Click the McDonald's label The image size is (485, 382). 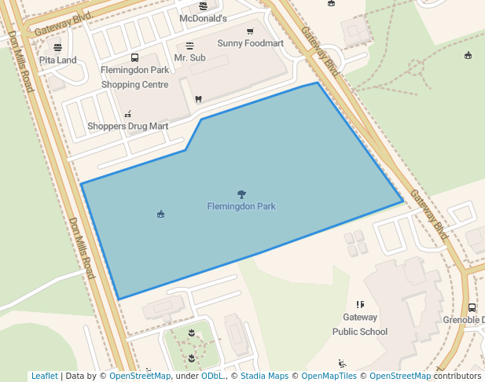coord(203,18)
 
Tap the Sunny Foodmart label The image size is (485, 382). coord(250,43)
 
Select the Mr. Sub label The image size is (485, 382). coord(189,58)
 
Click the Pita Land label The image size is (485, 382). coord(58,60)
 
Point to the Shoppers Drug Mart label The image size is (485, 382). coord(127,126)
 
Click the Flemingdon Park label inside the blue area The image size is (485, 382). coord(241,207)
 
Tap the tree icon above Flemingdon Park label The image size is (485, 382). coord(241,194)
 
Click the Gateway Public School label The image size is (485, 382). coord(360,325)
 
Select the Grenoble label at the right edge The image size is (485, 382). coord(464,320)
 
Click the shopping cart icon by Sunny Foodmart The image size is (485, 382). coord(250,31)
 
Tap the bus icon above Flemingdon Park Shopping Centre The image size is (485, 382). coord(134,57)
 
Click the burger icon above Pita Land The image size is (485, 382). coord(58,47)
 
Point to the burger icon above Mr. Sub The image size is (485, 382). coord(189,46)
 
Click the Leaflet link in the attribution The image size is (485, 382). coord(44,376)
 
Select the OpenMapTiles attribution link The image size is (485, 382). coord(329,376)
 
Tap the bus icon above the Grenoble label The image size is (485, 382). coord(472,308)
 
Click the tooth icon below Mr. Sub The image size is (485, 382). coord(197,99)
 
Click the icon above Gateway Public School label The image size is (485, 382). coord(360,304)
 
